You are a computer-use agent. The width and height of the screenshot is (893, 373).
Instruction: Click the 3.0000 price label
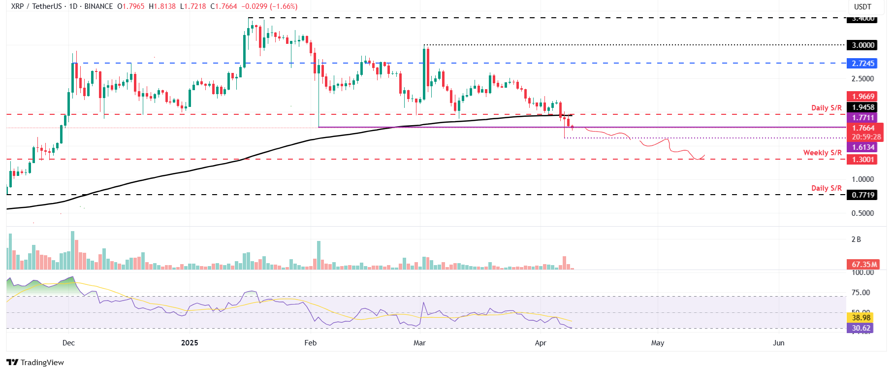click(x=863, y=45)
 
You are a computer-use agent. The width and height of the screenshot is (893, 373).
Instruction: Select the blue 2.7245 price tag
click(x=863, y=64)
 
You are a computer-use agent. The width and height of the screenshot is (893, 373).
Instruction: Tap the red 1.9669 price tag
click(x=863, y=97)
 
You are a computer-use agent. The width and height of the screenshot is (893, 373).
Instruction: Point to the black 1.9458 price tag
click(x=863, y=107)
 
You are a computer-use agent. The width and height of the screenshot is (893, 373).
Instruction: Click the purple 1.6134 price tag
click(x=863, y=147)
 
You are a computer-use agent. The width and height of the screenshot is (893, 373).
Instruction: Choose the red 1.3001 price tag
click(x=863, y=160)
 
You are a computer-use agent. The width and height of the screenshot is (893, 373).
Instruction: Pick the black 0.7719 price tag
click(x=863, y=195)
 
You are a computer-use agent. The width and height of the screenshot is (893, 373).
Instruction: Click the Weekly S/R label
click(x=822, y=153)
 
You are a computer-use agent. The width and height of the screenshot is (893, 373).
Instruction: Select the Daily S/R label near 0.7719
click(x=827, y=188)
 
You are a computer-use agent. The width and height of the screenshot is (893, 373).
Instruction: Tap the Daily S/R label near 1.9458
click(x=827, y=108)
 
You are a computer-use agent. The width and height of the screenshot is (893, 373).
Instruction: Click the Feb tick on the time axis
click(x=311, y=343)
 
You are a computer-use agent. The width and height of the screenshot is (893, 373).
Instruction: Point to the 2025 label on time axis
click(x=190, y=343)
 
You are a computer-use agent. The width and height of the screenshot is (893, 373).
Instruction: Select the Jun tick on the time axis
click(x=778, y=343)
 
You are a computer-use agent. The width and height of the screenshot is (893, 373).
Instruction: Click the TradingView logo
click(x=35, y=363)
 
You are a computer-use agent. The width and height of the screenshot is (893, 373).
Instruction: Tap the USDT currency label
click(x=862, y=7)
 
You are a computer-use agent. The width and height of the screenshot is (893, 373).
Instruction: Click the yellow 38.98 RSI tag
click(x=861, y=318)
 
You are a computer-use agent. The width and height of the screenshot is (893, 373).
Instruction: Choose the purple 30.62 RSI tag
click(x=861, y=328)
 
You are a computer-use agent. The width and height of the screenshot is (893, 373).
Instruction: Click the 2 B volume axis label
click(x=856, y=239)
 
